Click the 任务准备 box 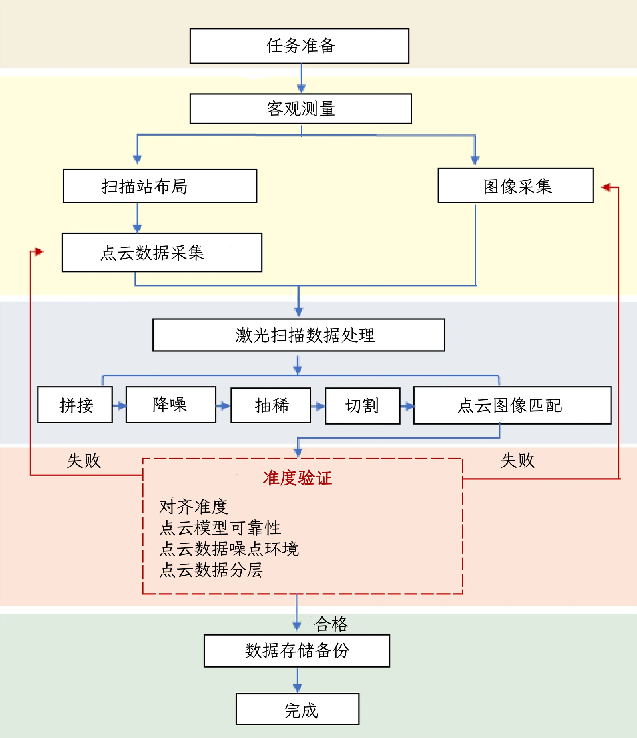pyautogui.click(x=300, y=46)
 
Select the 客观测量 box pyautogui.click(x=301, y=109)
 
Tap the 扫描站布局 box pyautogui.click(x=160, y=186)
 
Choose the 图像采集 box pyautogui.click(x=515, y=186)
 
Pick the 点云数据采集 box pyautogui.click(x=162, y=253)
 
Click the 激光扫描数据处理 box pyautogui.click(x=299, y=335)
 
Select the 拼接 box pyautogui.click(x=75, y=405)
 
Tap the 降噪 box pyautogui.click(x=171, y=405)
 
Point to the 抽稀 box pyautogui.click(x=271, y=405)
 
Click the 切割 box pyautogui.click(x=363, y=406)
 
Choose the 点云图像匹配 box pyautogui.click(x=512, y=405)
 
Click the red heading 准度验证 pyautogui.click(x=297, y=478)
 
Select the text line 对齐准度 pyautogui.click(x=194, y=507)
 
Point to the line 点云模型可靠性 pyautogui.click(x=220, y=528)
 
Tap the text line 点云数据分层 pyautogui.click(x=211, y=570)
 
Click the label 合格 pyautogui.click(x=331, y=624)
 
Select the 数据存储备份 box pyautogui.click(x=297, y=650)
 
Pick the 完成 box pyautogui.click(x=298, y=709)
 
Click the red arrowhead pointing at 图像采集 pyautogui.click(x=606, y=187)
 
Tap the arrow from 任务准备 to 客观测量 pyautogui.click(x=301, y=79)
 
